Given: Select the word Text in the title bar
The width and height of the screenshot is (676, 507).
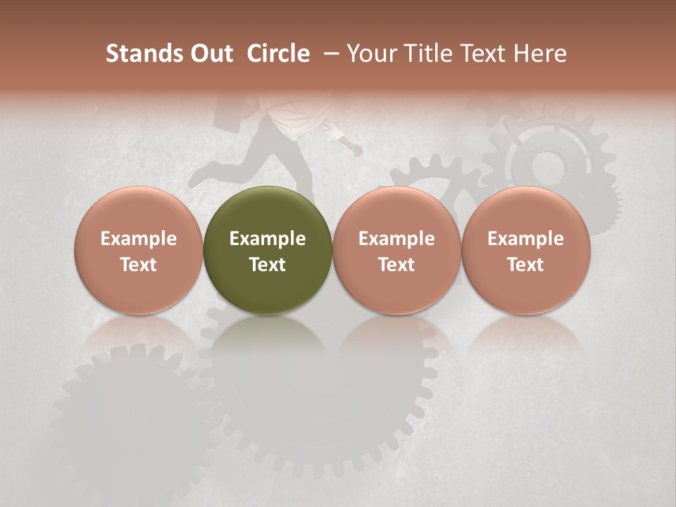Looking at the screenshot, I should coord(477,54).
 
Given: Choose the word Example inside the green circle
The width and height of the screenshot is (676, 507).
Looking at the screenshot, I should coord(268,239).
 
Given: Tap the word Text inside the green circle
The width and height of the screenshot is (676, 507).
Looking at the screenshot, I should coord(268,265).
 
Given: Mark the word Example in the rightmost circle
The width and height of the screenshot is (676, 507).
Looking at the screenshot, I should coord(526,239).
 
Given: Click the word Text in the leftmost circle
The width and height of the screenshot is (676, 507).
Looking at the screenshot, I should coord(139,265).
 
